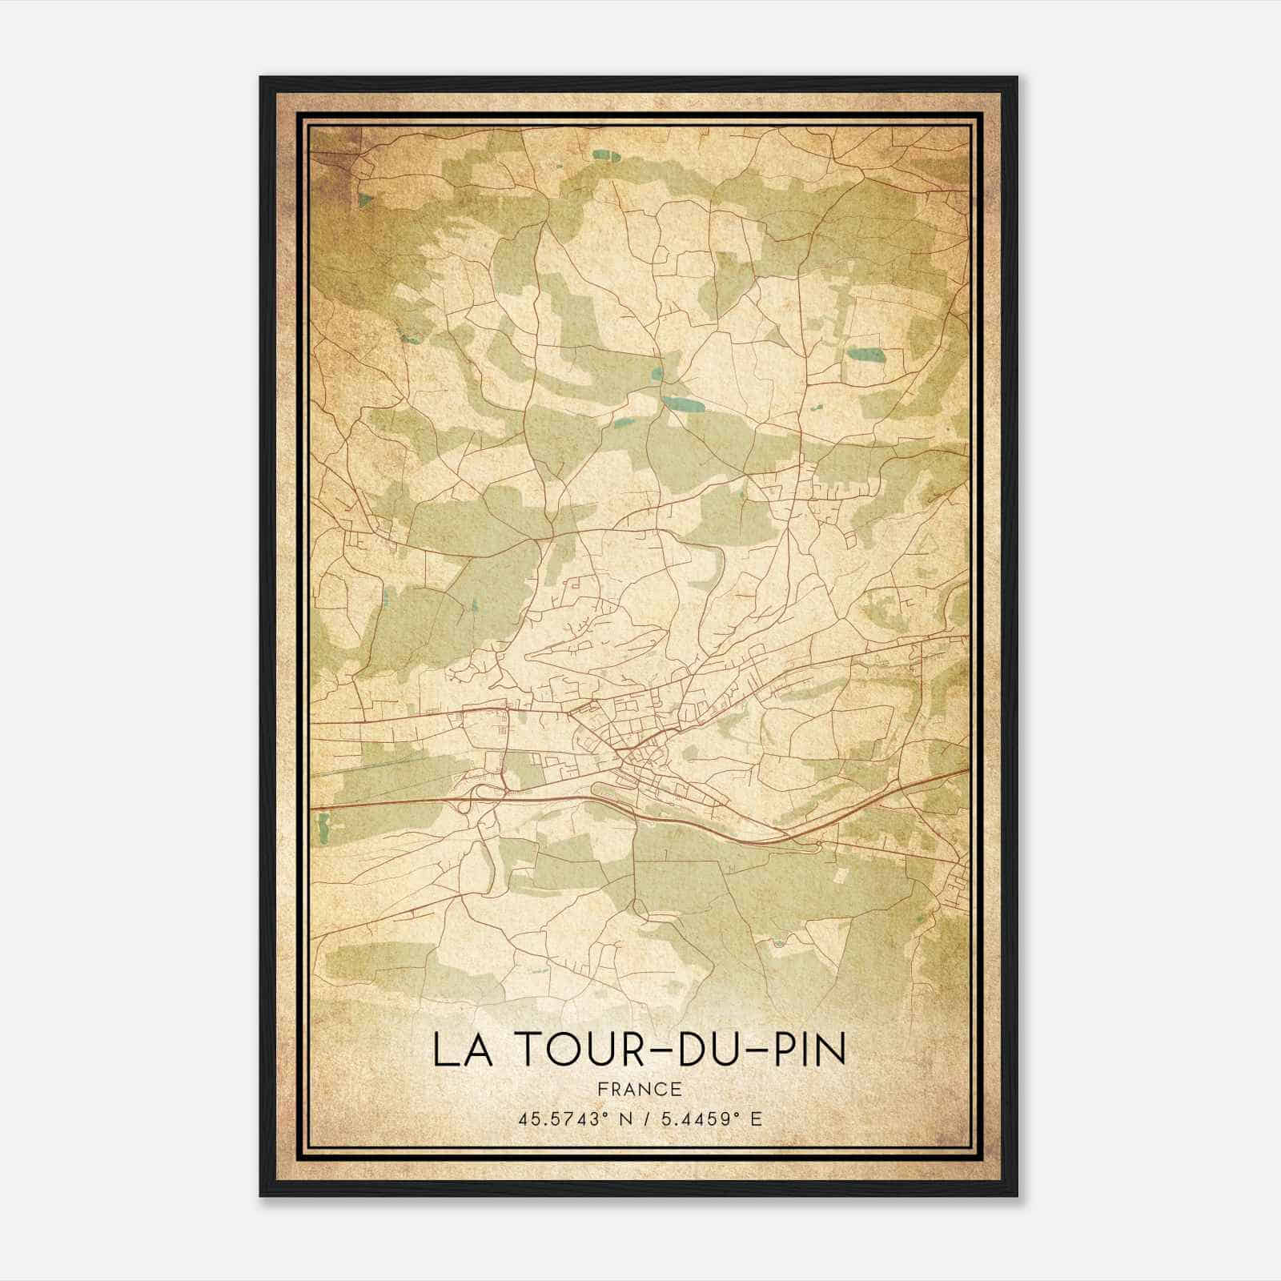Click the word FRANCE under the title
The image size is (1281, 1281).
click(640, 1090)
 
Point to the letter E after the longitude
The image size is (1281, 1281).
click(756, 1119)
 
